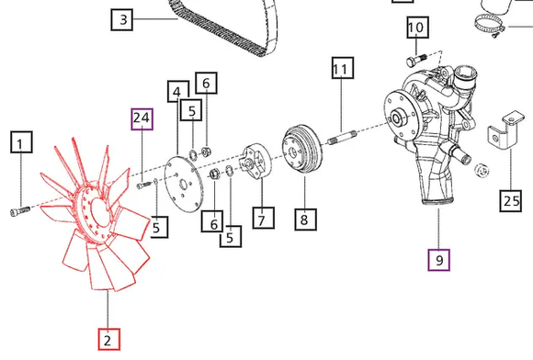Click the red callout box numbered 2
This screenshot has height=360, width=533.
109,339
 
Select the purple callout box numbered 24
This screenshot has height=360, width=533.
142,119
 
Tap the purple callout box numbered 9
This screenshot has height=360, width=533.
439,260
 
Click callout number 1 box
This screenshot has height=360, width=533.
21,142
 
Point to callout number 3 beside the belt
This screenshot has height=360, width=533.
122,19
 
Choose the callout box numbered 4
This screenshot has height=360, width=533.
177,91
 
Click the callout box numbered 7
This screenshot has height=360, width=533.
264,218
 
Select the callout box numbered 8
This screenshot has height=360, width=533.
306,219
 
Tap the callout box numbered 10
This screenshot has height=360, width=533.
418,28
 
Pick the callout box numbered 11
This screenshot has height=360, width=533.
343,68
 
